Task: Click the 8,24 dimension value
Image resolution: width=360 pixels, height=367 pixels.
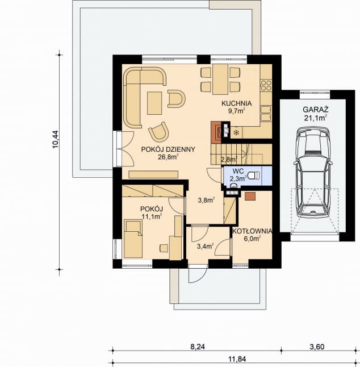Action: tap(197, 345)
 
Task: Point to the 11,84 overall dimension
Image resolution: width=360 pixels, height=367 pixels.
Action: tap(234, 358)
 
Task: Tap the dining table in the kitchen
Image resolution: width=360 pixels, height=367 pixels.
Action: tap(219, 80)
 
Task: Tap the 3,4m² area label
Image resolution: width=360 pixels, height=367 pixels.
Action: tap(204, 246)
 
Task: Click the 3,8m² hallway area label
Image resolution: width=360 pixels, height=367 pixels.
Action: tap(206, 200)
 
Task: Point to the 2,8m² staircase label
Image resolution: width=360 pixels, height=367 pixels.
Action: tap(229, 160)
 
